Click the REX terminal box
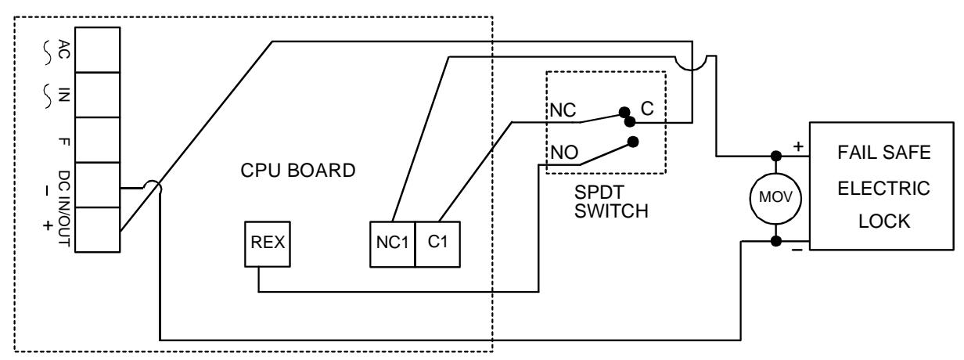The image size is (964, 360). (268, 244)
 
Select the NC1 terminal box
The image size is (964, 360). (393, 244)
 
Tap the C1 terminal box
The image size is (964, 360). (437, 244)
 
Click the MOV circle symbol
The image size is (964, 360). (775, 198)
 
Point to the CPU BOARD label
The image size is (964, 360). (298, 171)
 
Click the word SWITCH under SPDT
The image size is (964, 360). (611, 211)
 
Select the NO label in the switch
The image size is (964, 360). (564, 153)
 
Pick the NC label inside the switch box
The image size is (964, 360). (563, 110)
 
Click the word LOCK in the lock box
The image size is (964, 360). (884, 221)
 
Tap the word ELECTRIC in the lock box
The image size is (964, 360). (883, 188)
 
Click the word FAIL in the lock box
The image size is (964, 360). (855, 153)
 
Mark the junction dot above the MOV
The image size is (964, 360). (776, 156)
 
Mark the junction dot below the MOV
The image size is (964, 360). (776, 241)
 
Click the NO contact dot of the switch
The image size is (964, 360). (632, 142)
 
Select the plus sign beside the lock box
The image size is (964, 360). (798, 146)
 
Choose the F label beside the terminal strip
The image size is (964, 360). (63, 142)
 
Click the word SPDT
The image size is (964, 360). (599, 193)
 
